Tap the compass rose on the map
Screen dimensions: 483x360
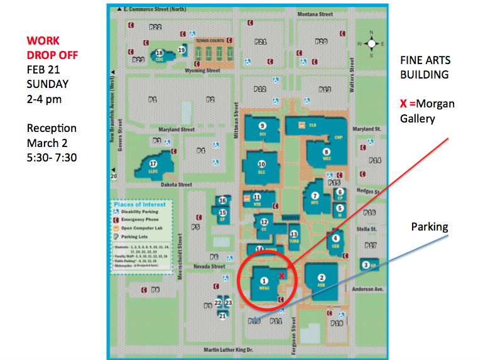point(371,43)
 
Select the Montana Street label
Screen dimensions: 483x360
point(315,14)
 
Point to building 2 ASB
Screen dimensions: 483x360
point(322,280)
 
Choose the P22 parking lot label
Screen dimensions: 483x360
point(155,27)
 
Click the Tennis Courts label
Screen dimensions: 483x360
point(209,40)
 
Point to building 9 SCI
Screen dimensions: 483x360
point(263,129)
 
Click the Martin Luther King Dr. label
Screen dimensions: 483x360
point(228,349)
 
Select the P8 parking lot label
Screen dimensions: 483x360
point(155,290)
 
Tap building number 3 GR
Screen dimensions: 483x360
point(367,265)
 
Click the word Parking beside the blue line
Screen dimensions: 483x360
point(430,226)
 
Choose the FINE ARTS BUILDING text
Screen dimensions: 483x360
point(425,67)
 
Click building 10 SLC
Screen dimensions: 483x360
point(262,167)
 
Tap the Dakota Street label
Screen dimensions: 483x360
point(176,185)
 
